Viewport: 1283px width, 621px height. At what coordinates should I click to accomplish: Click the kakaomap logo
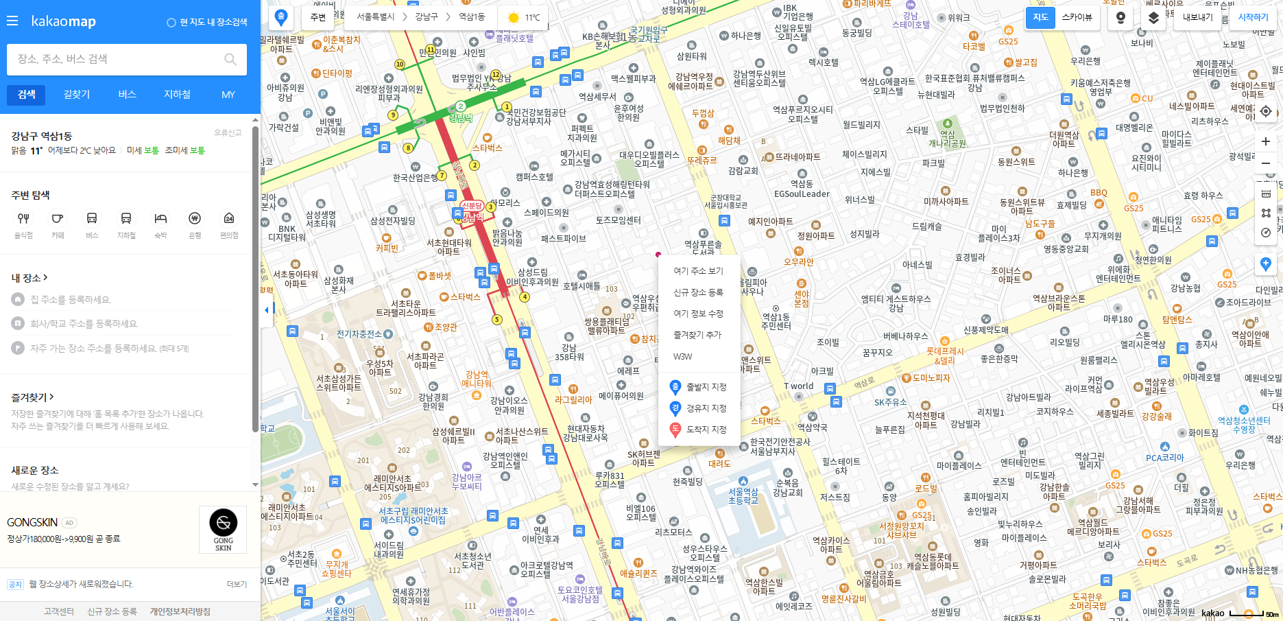tap(63, 21)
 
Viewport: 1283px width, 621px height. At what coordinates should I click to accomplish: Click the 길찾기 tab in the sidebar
tap(77, 95)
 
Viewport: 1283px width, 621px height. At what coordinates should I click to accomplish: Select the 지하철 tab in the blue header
tap(177, 95)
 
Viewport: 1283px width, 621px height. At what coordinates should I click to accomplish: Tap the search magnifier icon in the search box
tap(230, 60)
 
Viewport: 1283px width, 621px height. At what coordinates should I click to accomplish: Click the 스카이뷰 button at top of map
tap(1077, 17)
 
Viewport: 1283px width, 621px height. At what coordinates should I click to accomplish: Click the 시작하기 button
tap(1253, 17)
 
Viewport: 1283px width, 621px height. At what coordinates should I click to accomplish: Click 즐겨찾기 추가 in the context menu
tap(697, 335)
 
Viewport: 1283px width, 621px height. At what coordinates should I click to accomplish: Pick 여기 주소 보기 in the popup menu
tap(697, 271)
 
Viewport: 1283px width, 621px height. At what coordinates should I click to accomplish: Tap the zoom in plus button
tap(1266, 141)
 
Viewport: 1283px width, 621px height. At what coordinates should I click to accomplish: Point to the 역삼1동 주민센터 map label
tap(776, 321)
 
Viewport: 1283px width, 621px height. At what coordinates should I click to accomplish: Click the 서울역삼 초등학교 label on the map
tap(743, 496)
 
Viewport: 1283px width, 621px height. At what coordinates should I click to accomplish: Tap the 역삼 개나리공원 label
tap(947, 139)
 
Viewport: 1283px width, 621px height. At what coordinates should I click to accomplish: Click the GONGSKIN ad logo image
tap(223, 529)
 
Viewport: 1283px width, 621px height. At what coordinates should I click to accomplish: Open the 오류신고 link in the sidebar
tap(228, 132)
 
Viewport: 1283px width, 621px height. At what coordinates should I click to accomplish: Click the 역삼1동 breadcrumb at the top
tap(471, 16)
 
